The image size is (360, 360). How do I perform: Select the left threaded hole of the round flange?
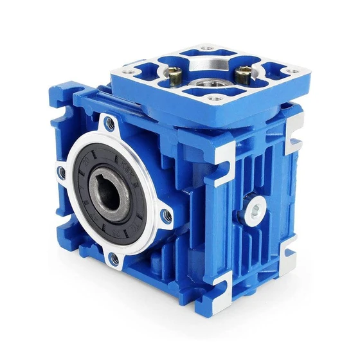60,172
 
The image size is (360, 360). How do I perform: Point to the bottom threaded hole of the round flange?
114,259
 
